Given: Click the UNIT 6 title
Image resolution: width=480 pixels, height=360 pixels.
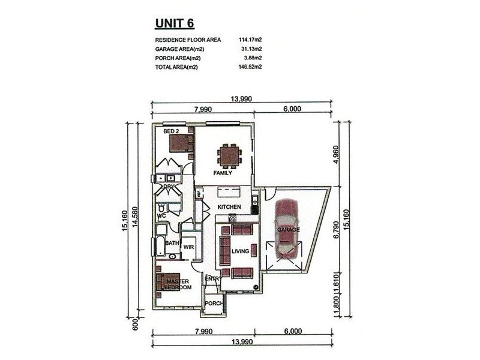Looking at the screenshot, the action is [175, 23].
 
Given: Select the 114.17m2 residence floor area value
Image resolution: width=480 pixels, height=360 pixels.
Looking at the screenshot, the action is [250, 40].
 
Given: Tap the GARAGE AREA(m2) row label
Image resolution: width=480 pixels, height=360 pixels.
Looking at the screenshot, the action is [179, 49].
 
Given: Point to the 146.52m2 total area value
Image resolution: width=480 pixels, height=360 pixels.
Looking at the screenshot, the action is [250, 67].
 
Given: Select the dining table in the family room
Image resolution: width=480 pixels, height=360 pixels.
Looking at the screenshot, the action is [229, 156].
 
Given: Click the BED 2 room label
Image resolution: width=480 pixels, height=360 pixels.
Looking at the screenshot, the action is [171, 131].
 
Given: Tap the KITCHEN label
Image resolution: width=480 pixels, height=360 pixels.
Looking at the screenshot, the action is [229, 207].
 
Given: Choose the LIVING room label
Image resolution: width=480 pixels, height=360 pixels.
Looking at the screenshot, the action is [241, 251].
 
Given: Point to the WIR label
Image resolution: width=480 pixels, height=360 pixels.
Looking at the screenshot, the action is [188, 247].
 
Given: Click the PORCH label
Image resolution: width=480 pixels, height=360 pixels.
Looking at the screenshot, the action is [214, 304].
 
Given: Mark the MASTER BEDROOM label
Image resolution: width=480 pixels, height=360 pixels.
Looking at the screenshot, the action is [178, 284].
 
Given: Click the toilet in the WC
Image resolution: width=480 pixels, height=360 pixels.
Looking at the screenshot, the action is [161, 208].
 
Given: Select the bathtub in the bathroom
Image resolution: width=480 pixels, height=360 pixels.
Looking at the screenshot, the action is [161, 245].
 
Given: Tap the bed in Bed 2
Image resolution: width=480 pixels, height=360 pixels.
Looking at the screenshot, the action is [181, 143].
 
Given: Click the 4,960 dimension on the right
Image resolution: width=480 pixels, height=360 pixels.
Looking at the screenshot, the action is [336, 155].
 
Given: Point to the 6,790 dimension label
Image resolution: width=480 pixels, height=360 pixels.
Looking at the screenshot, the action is [336, 229].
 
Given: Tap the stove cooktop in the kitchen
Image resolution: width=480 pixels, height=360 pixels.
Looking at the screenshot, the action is [232, 218].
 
